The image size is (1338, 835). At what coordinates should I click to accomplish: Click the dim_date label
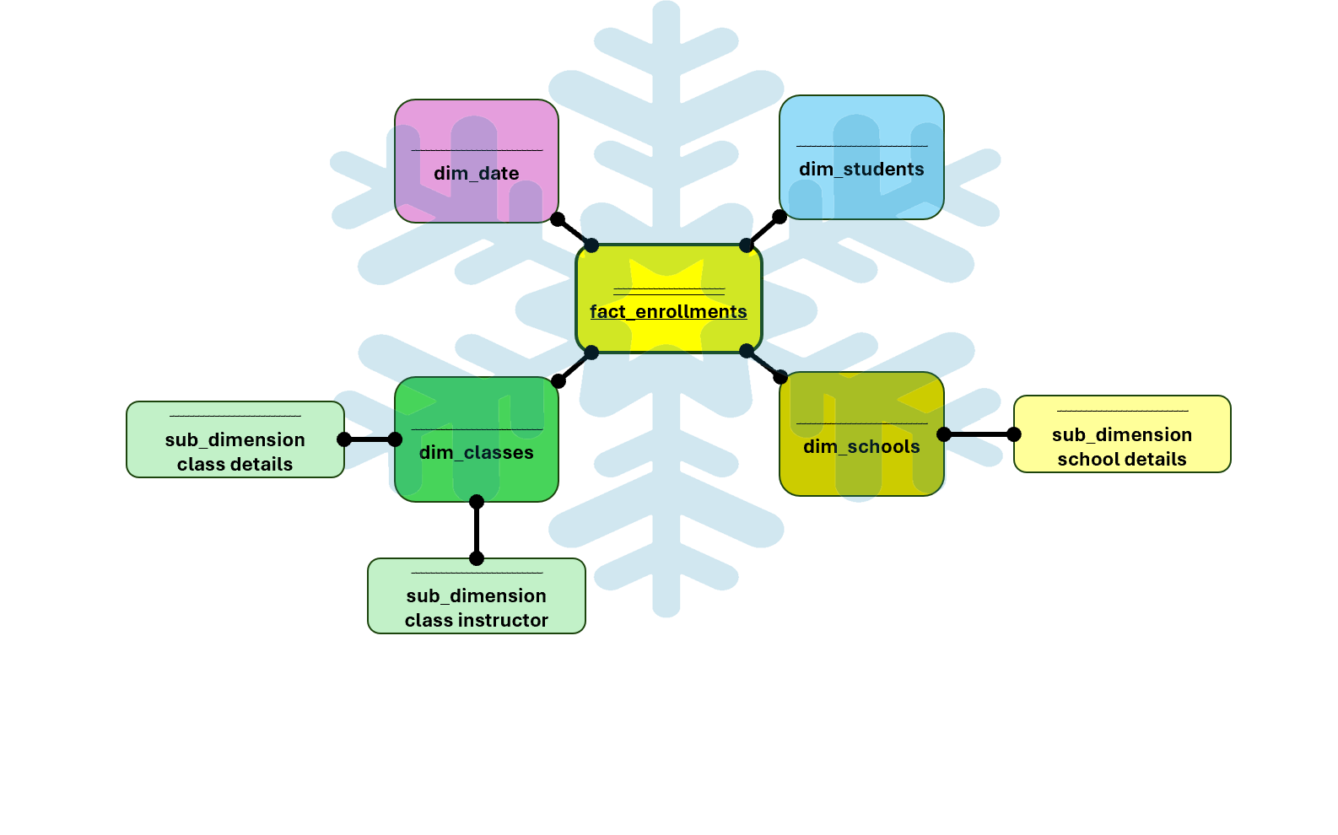[477, 174]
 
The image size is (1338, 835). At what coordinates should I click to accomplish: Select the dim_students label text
[861, 170]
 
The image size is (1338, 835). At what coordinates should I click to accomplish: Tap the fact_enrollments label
[668, 312]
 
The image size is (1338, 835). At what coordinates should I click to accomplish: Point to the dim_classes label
[477, 453]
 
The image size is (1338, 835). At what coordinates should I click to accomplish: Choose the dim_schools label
[861, 447]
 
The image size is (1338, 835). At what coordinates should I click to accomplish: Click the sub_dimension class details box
[235, 439]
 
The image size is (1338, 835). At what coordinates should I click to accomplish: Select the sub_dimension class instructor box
[477, 595]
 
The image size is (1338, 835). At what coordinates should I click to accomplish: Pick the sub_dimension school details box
[1122, 434]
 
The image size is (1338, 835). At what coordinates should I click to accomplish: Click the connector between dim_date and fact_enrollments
[575, 232]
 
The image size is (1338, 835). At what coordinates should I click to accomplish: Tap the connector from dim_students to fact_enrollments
[763, 231]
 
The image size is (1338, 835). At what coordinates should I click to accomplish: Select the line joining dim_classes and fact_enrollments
[575, 367]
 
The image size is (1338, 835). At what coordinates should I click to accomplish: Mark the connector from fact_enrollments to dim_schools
[763, 364]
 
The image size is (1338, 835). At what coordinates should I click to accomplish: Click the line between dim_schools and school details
[979, 434]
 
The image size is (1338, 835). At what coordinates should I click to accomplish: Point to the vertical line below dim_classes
[477, 530]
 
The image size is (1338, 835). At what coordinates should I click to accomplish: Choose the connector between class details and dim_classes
[370, 439]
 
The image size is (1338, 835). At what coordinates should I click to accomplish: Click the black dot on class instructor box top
[477, 558]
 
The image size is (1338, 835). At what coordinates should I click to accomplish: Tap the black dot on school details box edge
[1014, 434]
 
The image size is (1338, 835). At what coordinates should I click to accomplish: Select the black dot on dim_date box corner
[558, 219]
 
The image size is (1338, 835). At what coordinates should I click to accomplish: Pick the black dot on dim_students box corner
[780, 217]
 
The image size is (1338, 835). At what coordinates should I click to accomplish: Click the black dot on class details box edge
[344, 439]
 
